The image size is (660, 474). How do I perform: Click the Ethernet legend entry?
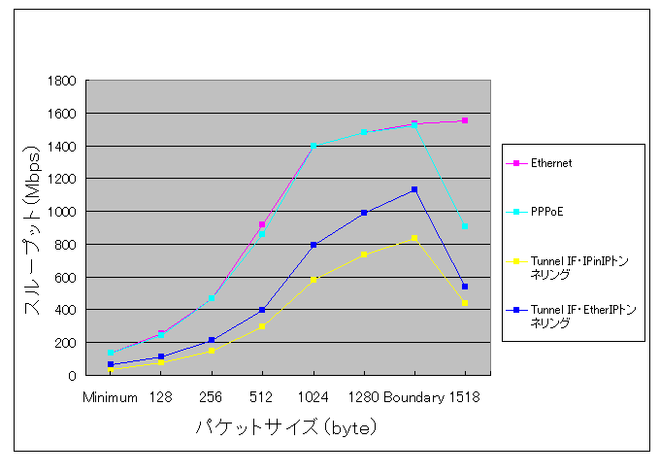(551, 163)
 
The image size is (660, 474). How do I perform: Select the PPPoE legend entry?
(546, 209)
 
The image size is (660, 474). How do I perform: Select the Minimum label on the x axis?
(110, 397)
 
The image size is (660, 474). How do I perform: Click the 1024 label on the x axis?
(313, 397)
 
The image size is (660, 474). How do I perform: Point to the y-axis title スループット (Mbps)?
(33, 228)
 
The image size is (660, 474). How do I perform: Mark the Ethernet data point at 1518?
(465, 120)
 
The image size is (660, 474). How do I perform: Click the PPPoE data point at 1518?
(465, 225)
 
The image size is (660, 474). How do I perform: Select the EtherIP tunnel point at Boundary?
(414, 189)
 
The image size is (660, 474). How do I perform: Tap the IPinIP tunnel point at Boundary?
(414, 238)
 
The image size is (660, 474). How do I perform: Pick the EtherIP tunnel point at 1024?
(313, 245)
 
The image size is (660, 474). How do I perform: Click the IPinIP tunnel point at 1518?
(465, 303)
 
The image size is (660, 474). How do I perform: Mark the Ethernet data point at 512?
(262, 224)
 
